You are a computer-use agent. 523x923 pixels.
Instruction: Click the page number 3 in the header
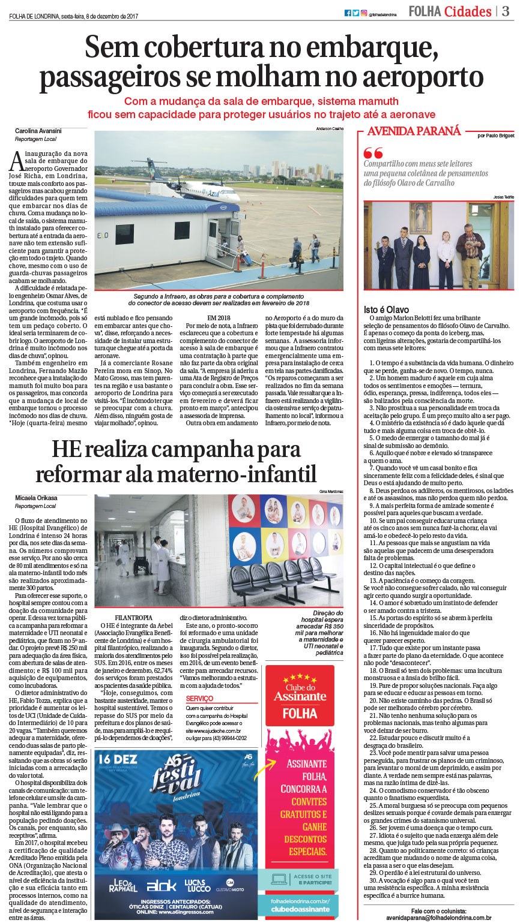point(506,11)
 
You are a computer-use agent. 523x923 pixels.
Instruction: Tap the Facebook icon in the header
point(348,13)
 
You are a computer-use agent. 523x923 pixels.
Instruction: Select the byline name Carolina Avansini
point(38,131)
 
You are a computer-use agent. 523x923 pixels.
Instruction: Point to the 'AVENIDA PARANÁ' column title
point(414,131)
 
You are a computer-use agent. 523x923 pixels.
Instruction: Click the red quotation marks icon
point(373,152)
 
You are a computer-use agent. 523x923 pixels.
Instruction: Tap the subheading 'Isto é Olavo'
point(386,309)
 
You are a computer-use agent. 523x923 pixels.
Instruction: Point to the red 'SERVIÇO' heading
point(199,699)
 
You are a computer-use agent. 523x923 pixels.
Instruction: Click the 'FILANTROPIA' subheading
point(133,618)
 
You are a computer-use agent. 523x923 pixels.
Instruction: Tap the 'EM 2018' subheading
point(219,317)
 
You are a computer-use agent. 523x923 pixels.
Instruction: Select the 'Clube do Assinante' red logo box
point(300,696)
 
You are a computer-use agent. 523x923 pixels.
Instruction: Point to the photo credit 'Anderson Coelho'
point(330,129)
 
